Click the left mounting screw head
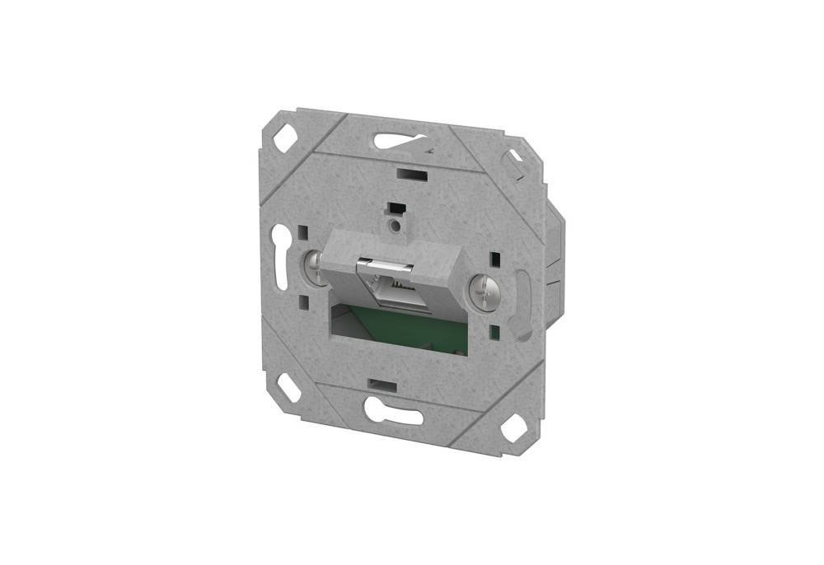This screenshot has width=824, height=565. [x=314, y=266]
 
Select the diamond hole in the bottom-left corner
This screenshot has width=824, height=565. [x=289, y=387]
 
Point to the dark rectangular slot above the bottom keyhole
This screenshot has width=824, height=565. [x=382, y=385]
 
